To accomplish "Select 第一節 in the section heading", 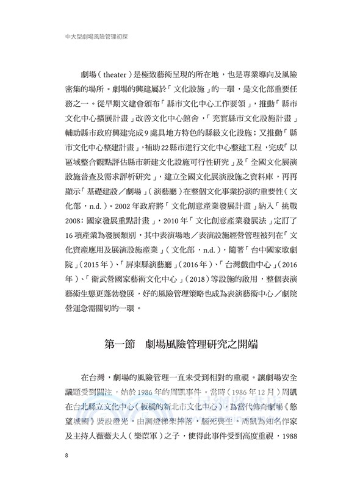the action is pyautogui.click(x=110, y=345).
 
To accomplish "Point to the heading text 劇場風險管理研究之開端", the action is pyautogui.click(x=199, y=345).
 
